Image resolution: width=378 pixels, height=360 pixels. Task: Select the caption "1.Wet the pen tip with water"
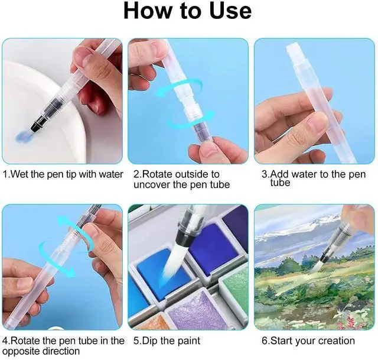(63, 174)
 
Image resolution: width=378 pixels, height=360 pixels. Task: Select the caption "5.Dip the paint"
(167, 341)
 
